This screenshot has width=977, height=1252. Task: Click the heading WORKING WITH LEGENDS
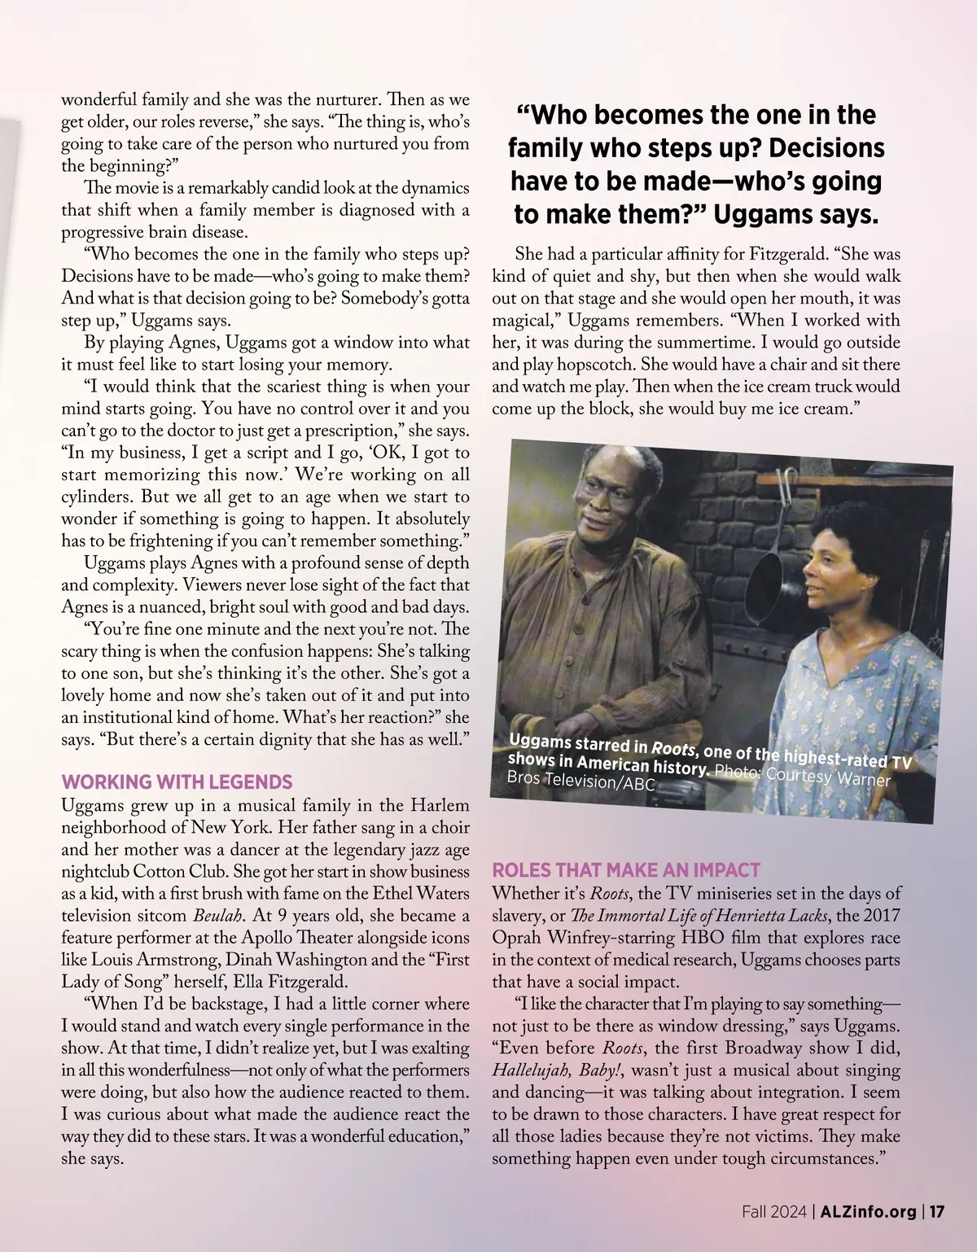coord(177,782)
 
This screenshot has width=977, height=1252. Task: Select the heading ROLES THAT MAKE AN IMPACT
coord(626,869)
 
